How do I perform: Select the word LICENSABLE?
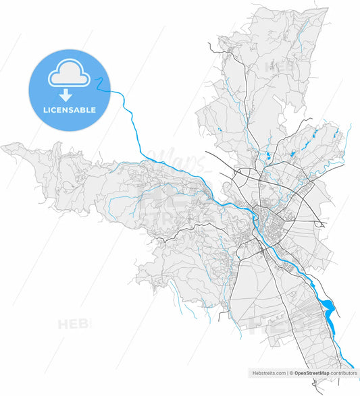(x=69, y=110)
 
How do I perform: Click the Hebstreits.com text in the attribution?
(x=268, y=372)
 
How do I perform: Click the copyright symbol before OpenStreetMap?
(x=291, y=372)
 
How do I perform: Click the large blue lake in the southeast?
(x=328, y=308)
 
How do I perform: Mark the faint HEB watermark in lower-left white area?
(x=74, y=324)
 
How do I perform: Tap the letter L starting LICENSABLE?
(x=45, y=110)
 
